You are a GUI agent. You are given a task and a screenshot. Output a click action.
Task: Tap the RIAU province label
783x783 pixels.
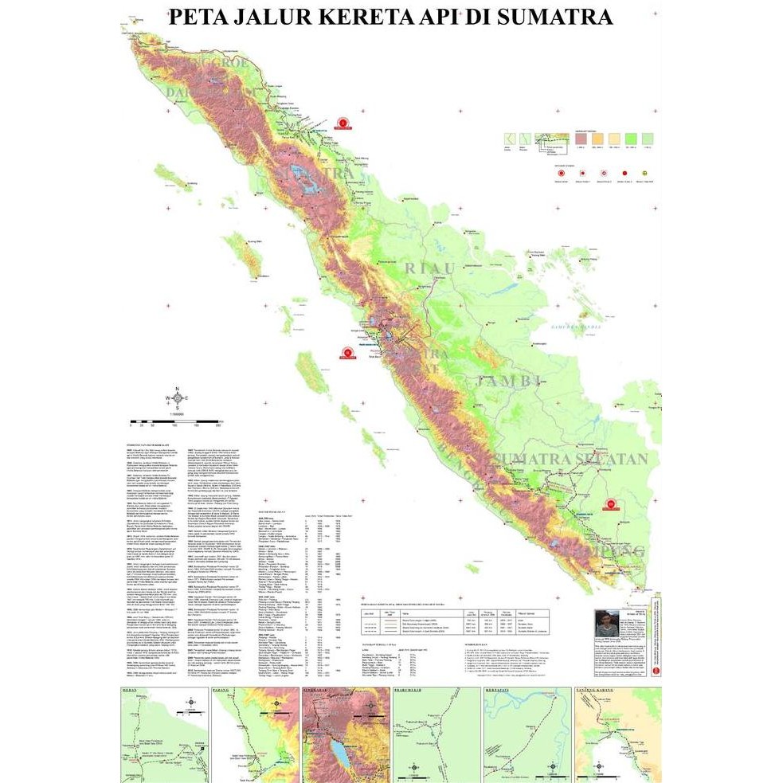click(431, 268)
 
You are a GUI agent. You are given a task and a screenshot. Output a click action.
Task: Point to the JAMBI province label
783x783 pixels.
click(507, 382)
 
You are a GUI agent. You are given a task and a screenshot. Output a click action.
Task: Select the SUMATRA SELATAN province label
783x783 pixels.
click(570, 459)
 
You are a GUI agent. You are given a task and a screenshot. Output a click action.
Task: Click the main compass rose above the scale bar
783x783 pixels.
click(177, 399)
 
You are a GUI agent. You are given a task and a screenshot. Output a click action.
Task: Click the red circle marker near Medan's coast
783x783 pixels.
click(343, 123)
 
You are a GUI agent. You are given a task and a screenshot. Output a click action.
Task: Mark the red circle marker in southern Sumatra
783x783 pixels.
click(610, 503)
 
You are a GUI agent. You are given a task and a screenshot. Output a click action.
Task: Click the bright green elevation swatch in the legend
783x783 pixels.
click(632, 139)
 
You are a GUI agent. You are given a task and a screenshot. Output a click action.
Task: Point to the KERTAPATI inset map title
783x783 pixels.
click(499, 692)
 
